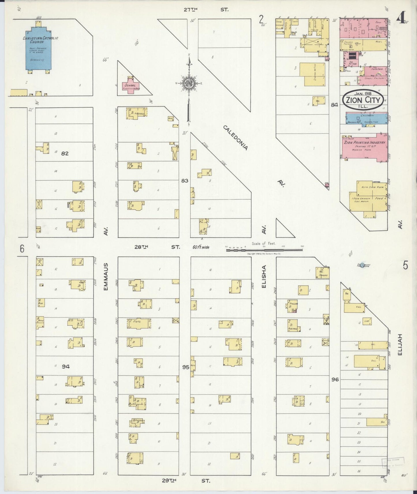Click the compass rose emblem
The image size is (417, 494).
point(189,83)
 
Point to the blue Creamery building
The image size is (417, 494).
point(366,119)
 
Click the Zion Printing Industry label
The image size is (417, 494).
point(364,142)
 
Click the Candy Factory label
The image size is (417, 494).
point(375,78)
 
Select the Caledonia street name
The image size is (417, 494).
point(235,138)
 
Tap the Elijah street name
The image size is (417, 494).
point(400,344)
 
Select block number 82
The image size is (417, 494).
point(65,154)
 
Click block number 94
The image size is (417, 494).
point(66,367)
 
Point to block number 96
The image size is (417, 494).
point(335,380)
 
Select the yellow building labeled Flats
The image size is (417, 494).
point(139,324)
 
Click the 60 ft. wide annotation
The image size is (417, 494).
point(201,247)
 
